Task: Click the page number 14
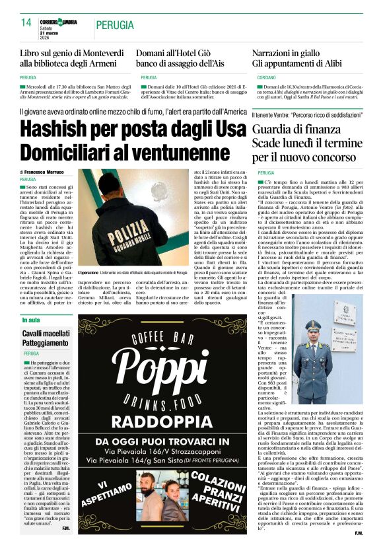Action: coord(26,22)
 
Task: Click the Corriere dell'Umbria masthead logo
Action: coord(59,22)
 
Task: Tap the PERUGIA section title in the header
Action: coord(118,25)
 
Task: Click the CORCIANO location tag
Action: coord(266,78)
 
